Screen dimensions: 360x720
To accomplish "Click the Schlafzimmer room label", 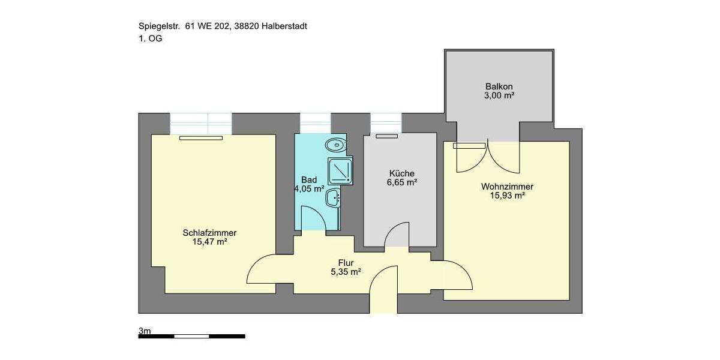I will [x=209, y=233].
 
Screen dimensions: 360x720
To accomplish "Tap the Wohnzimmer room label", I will [x=507, y=187].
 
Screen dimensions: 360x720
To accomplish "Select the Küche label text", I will [x=402, y=174].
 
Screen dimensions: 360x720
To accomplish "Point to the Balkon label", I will [x=499, y=86].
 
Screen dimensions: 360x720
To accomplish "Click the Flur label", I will [x=346, y=263].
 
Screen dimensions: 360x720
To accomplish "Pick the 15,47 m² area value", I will [x=209, y=242].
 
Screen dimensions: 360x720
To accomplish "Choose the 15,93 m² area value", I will [x=507, y=196].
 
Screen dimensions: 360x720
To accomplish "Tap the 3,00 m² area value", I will [x=499, y=95].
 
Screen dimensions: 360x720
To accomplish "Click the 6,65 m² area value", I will [x=402, y=183].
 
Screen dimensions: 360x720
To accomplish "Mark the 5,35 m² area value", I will [x=346, y=272].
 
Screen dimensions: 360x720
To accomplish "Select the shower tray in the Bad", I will [x=341, y=169].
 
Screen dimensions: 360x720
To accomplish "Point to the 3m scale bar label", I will [x=145, y=331].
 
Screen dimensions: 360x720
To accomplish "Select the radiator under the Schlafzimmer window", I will [x=200, y=138].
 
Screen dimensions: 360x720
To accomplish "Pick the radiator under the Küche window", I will [x=386, y=136].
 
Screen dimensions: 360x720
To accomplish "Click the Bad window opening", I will [x=315, y=123].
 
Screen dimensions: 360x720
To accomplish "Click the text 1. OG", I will [x=150, y=38].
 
